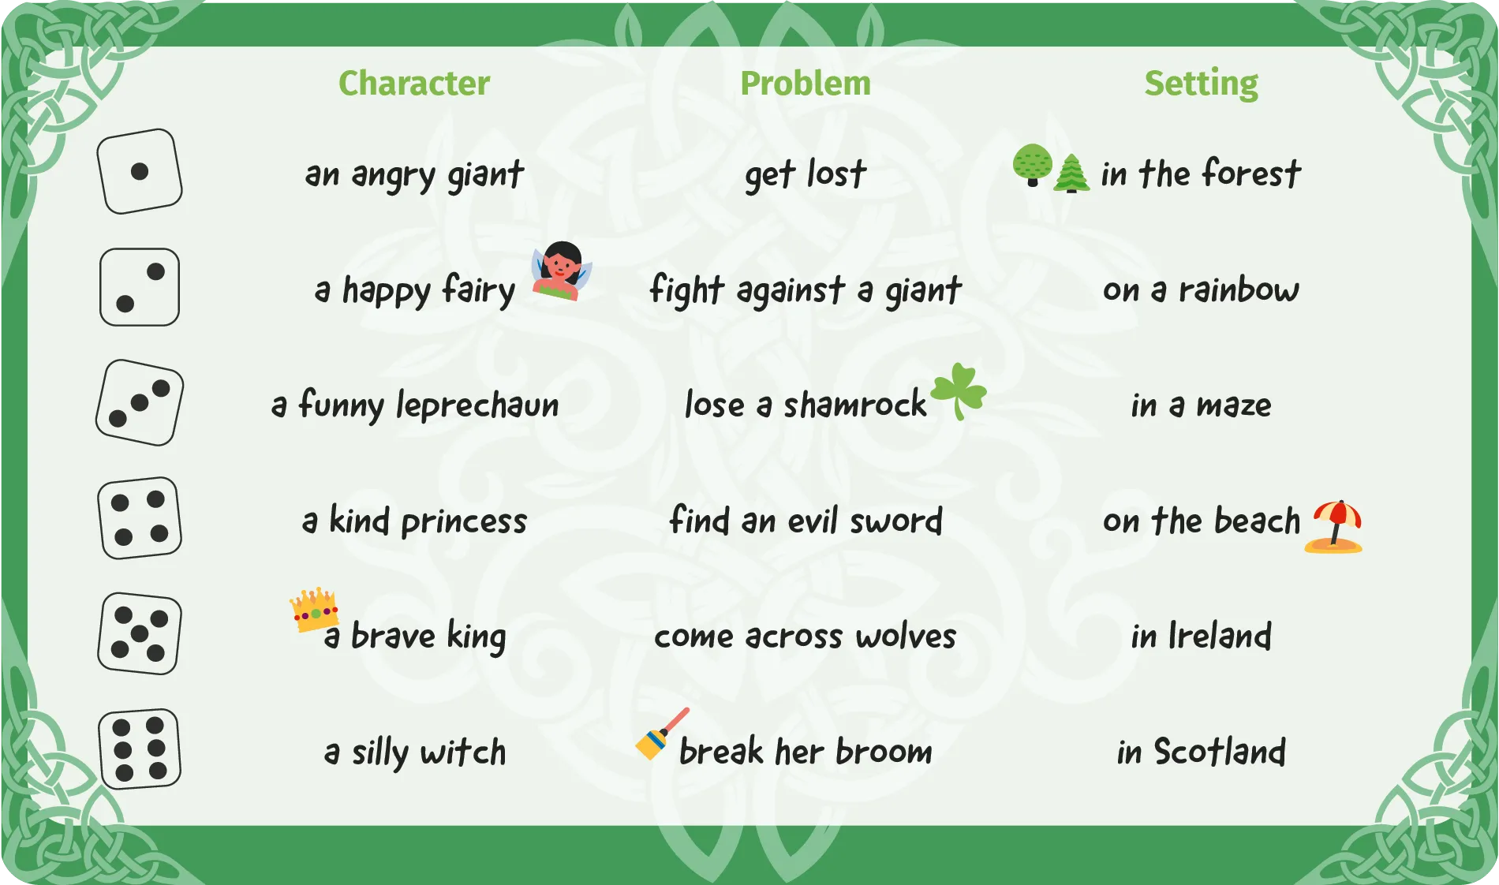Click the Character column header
click(414, 83)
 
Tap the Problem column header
click(806, 83)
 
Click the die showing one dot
click(140, 171)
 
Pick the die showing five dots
click(140, 633)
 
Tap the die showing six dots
click(140, 749)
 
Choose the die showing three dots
click(140, 403)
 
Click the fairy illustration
click(562, 271)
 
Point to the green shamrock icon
click(959, 390)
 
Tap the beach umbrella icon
click(1335, 526)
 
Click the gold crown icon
click(314, 609)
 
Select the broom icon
click(662, 734)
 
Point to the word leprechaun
click(477, 405)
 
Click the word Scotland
click(1220, 751)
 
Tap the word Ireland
click(1220, 636)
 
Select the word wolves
click(906, 636)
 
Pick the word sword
click(896, 521)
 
